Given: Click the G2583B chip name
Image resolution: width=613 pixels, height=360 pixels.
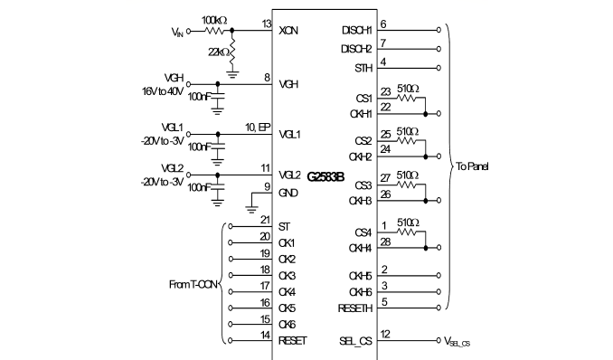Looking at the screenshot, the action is point(325,177).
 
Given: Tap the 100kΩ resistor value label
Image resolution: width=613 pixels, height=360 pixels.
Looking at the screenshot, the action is point(214,20).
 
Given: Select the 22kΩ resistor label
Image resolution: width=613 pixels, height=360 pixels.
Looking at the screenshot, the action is point(219,52).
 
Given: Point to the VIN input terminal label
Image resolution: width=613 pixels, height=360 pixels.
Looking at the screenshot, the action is point(177,32).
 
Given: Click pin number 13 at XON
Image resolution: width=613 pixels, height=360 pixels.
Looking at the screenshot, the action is point(267,24).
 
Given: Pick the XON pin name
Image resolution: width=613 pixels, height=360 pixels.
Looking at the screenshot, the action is point(288,31).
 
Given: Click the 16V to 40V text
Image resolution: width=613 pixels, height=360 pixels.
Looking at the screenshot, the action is point(163,91).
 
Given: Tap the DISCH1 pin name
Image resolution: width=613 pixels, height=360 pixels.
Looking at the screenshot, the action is point(356,30).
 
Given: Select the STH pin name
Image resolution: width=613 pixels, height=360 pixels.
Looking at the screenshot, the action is point(363,68).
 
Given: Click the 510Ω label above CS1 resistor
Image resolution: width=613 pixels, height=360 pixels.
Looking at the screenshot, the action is point(408,89).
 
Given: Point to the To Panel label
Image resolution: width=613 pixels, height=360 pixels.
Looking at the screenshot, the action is point(472,166).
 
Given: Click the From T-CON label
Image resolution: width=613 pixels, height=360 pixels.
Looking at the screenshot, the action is point(193,285).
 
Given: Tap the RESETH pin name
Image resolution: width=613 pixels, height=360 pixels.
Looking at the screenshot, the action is point(355,308).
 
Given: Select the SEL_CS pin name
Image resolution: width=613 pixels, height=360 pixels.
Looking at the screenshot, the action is point(355,341).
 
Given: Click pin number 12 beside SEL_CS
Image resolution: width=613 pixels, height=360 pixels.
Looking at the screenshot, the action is point(385,334).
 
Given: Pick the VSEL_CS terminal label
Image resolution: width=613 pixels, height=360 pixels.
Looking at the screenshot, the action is point(457,342).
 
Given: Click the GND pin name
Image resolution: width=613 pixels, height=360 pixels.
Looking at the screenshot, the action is point(288,193).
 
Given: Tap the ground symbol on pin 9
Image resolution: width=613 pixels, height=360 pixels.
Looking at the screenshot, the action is point(251,209).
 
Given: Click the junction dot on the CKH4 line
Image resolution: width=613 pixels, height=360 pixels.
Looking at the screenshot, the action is point(426,248).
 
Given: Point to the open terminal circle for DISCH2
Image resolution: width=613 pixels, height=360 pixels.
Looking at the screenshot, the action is point(439,49).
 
